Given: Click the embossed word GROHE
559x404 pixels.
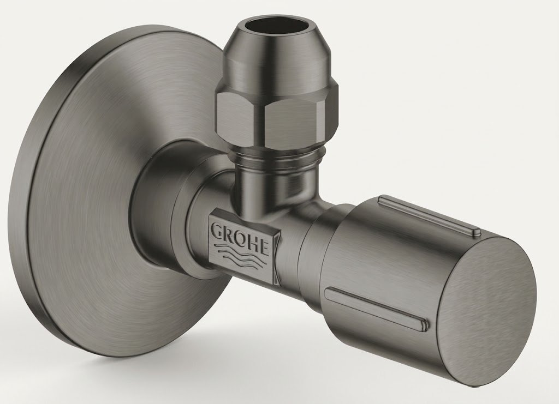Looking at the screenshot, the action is [x=241, y=238].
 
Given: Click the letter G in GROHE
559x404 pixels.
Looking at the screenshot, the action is [x=218, y=231].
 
